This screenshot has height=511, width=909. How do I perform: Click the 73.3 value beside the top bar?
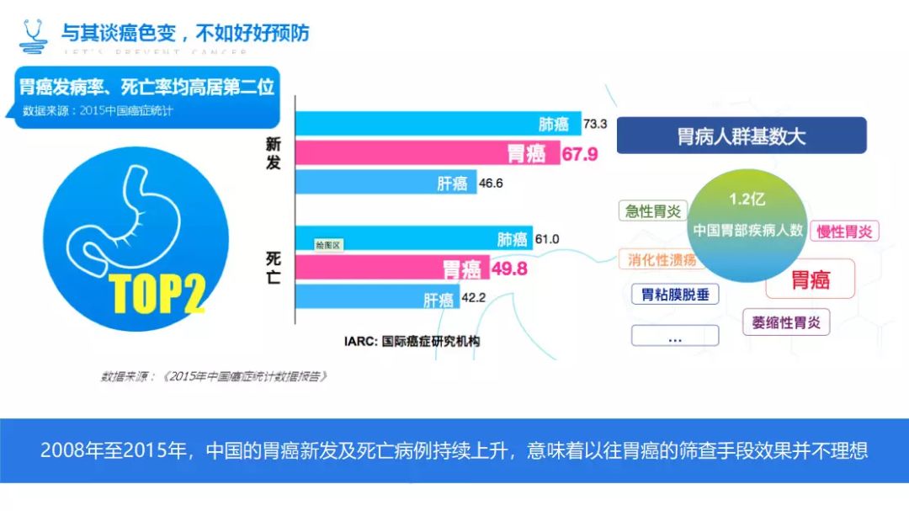pyautogui.click(x=595, y=125)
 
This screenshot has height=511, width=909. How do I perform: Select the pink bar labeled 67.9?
pyautogui.click(x=428, y=153)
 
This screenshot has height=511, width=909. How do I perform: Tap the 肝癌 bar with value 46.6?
pyautogui.click(x=385, y=183)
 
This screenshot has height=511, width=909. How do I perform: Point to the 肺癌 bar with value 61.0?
pyautogui.click(x=414, y=239)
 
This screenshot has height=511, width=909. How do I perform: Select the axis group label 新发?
pyautogui.click(x=274, y=154)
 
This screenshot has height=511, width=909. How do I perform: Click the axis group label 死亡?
pyautogui.click(x=274, y=267)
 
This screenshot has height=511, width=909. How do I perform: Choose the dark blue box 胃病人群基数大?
pyautogui.click(x=742, y=136)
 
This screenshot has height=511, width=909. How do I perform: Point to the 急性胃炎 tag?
pyautogui.click(x=653, y=210)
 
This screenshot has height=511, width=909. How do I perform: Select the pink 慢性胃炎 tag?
pyautogui.click(x=844, y=231)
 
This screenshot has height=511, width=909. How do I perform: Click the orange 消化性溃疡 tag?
pyautogui.click(x=662, y=259)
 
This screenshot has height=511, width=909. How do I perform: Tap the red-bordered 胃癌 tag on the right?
pyautogui.click(x=810, y=279)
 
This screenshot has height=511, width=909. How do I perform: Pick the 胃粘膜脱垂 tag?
pyautogui.click(x=675, y=294)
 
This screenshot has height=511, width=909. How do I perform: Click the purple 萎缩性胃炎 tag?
pyautogui.click(x=785, y=322)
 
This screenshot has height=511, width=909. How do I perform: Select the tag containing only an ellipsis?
pyautogui.click(x=675, y=337)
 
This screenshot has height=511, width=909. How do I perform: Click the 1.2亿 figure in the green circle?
pyautogui.click(x=747, y=201)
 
